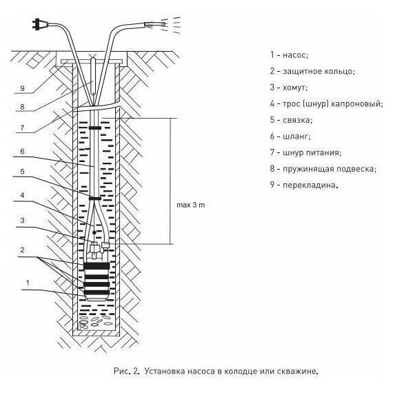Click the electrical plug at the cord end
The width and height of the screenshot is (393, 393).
[39, 25]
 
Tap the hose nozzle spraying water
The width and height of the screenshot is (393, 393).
[155, 24]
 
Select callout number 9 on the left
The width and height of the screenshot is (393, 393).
[22, 88]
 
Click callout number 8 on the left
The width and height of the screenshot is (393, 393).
[22, 107]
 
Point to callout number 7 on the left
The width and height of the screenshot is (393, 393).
[22, 128]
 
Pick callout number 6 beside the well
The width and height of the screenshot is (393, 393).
[22, 151]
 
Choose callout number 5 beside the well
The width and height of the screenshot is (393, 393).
[22, 172]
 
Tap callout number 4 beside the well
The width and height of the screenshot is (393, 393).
[22, 195]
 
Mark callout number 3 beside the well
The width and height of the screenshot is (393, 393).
[22, 221]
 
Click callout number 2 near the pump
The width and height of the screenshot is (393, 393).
[22, 250]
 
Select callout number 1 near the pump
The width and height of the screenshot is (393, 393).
[28, 283]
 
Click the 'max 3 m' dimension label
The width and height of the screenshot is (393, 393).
[191, 205]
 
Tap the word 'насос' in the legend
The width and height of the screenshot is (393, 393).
[294, 55]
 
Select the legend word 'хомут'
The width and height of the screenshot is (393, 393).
[294, 88]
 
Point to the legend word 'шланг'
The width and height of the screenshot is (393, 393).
[296, 137]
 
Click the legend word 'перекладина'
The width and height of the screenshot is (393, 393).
[309, 185]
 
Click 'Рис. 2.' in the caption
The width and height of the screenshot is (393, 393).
[126, 371]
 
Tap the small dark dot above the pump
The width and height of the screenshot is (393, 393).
[94, 232]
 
